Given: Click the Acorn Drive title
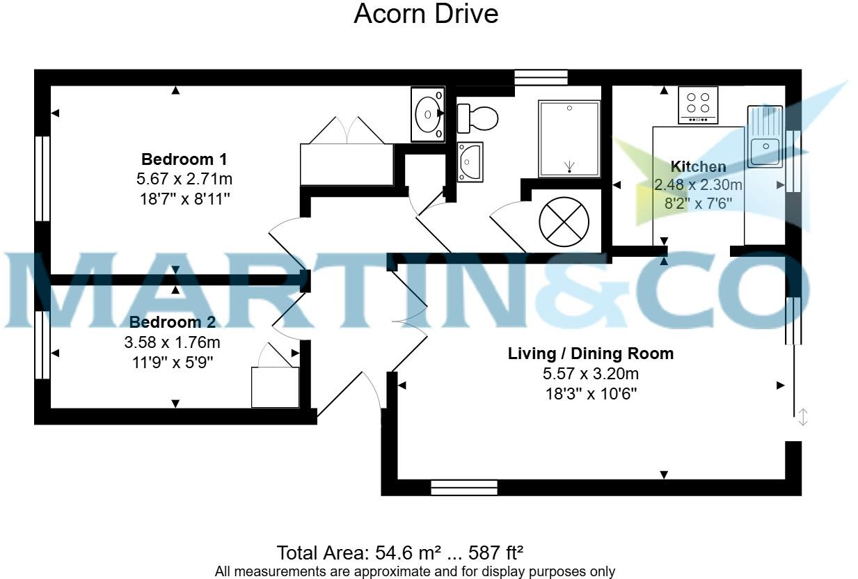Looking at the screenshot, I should tap(426, 14).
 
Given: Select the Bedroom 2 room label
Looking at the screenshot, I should tap(172, 322).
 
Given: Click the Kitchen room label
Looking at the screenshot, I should tap(698, 166).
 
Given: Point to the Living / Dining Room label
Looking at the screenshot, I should tap(590, 354).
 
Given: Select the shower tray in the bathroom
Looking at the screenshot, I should tap(569, 138).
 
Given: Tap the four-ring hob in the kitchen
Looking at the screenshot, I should tap(698, 106).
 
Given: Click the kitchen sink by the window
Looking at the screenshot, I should tap(765, 136).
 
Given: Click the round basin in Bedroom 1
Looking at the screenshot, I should tap(427, 113).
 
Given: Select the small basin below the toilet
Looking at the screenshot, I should tap(470, 162).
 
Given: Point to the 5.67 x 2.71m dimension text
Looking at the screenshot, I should tap(184, 179).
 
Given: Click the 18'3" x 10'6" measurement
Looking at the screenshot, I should tap(590, 393).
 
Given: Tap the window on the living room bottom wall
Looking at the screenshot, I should tap(464, 487).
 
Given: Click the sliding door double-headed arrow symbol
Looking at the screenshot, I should tap(802, 418).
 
